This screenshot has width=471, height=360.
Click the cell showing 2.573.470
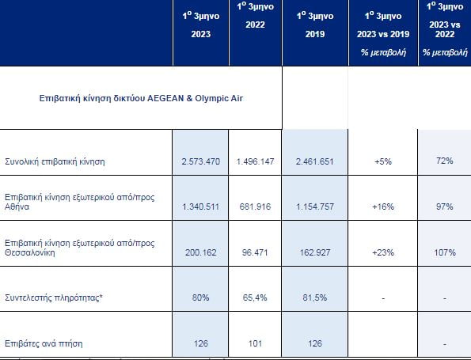200,161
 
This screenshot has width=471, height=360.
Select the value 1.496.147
255,161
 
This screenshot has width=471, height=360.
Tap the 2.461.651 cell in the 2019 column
314,161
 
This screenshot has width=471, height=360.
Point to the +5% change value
383,161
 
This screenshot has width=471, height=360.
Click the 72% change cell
445,161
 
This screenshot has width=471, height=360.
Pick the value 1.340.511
200,207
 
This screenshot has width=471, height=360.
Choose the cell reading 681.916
255,207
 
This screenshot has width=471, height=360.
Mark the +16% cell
383,207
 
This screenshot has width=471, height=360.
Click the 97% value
445,207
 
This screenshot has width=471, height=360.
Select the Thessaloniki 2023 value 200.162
200,252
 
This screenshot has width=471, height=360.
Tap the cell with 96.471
255,252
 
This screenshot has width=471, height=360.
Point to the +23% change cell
383,252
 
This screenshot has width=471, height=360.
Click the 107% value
445,252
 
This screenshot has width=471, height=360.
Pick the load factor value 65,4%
255,297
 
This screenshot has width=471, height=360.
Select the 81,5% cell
314,297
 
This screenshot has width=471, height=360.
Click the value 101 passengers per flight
255,343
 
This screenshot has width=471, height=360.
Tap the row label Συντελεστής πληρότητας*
54,297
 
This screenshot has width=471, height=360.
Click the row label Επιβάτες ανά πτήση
44,343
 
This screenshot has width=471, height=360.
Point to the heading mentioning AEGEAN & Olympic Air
141,98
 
